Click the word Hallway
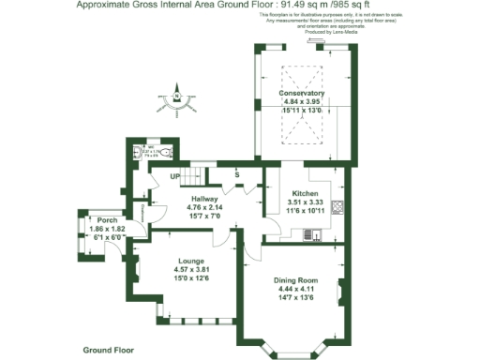pyautogui.click(x=204, y=199)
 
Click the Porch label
pyautogui.click(x=93, y=219)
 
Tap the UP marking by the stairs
pyautogui.click(x=174, y=176)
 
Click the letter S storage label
pyautogui.click(x=237, y=175)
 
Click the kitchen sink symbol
pyautogui.click(x=318, y=234)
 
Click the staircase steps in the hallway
pyautogui.click(x=193, y=176)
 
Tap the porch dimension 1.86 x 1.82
pyautogui.click(x=93, y=229)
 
